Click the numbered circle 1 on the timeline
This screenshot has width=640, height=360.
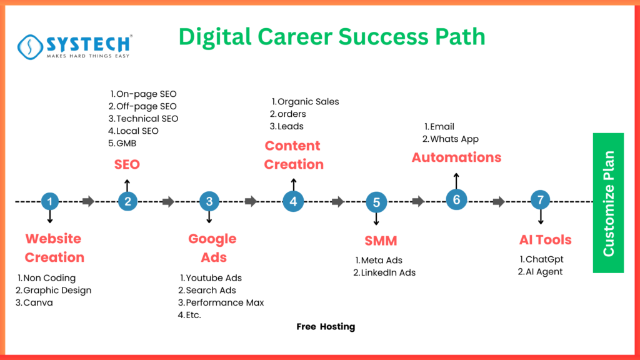[x=49, y=201]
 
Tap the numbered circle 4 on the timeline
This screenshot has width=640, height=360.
[x=293, y=201]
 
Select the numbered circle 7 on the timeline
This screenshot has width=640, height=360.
[x=540, y=201]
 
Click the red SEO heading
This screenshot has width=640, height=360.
[x=127, y=165]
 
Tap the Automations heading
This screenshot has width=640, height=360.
[x=456, y=157]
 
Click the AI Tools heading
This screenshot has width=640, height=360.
[x=545, y=240]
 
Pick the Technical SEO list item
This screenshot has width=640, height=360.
[x=143, y=119]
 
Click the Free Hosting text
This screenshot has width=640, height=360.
[x=325, y=326]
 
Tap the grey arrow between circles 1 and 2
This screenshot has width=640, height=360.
[x=88, y=201]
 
